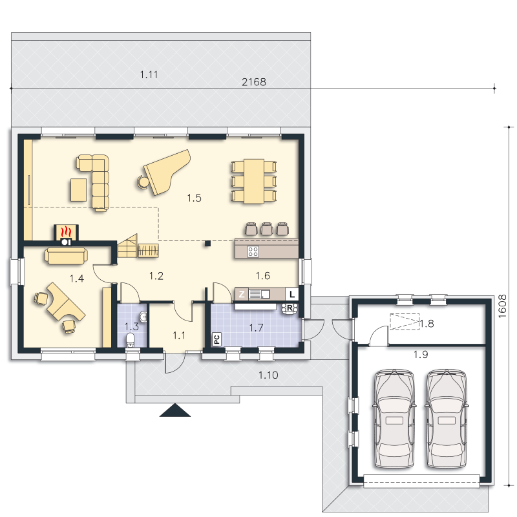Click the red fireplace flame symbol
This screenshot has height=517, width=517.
(x=66, y=232)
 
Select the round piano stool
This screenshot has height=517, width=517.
(x=143, y=182)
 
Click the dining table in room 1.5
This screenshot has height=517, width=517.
(x=254, y=182)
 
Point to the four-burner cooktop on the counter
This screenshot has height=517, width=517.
(x=253, y=252)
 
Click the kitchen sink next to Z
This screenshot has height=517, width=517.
(x=259, y=294)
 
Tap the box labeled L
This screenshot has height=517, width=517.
(x=292, y=294)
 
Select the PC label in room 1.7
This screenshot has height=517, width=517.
(x=216, y=339)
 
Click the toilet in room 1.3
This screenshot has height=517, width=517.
(x=131, y=341)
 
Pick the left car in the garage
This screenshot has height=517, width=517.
(x=394, y=419)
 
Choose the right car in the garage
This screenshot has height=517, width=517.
(x=447, y=419)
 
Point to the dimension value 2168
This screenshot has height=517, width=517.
(x=254, y=82)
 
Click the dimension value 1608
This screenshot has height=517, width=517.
(x=502, y=306)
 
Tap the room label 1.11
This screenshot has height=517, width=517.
(x=149, y=75)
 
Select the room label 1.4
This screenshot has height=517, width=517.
(x=77, y=279)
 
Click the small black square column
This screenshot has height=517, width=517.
(x=207, y=244)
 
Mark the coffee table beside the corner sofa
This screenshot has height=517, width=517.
(x=78, y=189)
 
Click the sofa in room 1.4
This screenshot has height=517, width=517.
(x=67, y=256)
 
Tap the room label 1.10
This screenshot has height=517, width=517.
(x=268, y=375)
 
